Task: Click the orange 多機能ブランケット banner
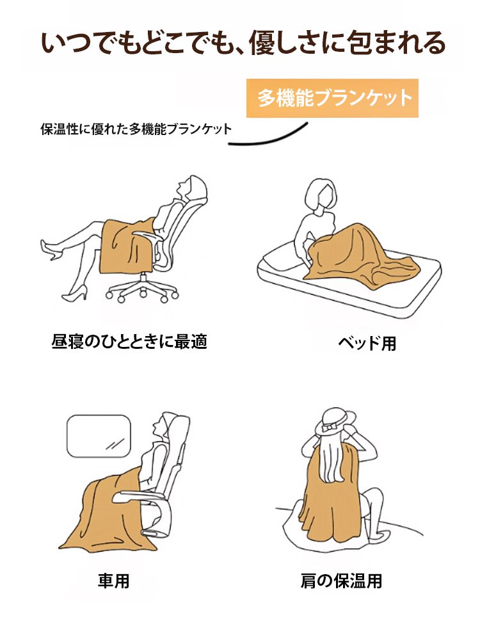[332, 98]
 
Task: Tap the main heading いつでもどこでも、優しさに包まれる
[243, 43]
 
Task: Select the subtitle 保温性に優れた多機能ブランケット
[136, 129]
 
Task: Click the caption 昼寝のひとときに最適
[129, 342]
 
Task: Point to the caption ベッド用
[367, 343]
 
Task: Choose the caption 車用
[114, 581]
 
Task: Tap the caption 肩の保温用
[341, 581]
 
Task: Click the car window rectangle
[99, 436]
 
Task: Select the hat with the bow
[335, 422]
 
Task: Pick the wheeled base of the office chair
[142, 287]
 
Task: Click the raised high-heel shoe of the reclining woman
[51, 250]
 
